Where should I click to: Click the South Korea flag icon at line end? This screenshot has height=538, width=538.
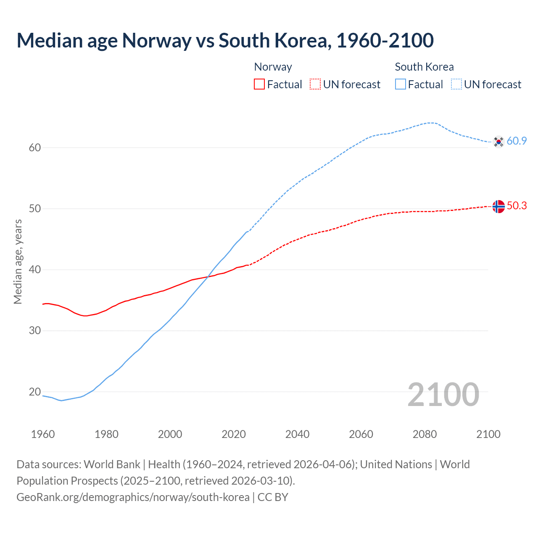pos(498,142)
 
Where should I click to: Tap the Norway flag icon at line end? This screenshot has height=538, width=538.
pos(498,206)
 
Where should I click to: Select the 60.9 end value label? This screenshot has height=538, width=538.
pos(517,141)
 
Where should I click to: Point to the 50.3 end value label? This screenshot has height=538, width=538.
pos(517,206)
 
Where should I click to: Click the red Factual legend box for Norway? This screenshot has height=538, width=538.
pos(259,84)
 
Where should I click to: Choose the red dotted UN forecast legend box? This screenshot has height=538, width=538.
pos(315,84)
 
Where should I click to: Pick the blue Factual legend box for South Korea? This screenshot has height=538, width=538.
pos(401,84)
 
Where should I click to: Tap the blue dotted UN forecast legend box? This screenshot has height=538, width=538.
pos(456,84)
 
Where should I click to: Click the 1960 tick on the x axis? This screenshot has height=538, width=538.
pos(43,434)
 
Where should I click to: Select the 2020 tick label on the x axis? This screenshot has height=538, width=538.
pos(234,434)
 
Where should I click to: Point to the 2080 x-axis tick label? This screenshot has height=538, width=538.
pos(425,434)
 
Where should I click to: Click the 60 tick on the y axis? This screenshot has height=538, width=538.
pos(35,148)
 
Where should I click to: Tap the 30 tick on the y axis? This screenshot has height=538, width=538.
pos(35,331)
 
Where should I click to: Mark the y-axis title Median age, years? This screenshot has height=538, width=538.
pos(18,261)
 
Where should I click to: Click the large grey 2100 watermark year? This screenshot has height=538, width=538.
pos(443,395)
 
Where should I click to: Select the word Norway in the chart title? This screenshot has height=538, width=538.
pos(157,41)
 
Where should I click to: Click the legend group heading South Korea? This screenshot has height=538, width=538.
pos(424,67)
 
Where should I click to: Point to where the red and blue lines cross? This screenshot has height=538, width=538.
pos(209,276)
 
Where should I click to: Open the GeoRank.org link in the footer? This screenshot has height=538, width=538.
pos(133,497)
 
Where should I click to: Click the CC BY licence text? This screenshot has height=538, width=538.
pos(273,497)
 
